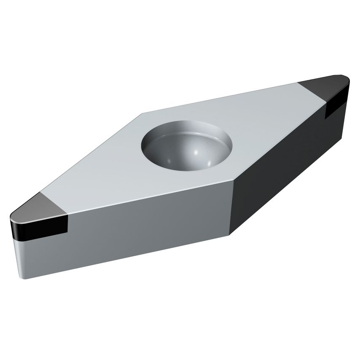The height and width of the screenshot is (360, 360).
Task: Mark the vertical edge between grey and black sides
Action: coord(233,207)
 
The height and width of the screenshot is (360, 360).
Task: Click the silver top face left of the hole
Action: coord(105,169)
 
